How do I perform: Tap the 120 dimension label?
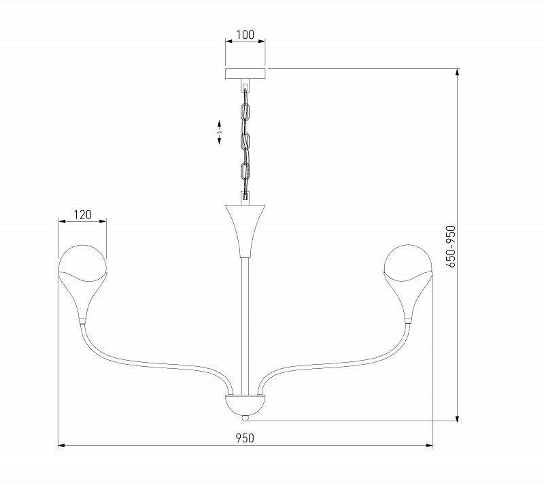[x=82, y=214]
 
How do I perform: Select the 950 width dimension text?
[x=245, y=438]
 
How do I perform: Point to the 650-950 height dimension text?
[x=449, y=247]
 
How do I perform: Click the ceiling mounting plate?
[x=245, y=73]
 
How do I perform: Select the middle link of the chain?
[x=245, y=141]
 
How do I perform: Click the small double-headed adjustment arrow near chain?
[x=220, y=131]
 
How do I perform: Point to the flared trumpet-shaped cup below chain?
[x=245, y=228]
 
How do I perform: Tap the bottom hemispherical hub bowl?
[x=245, y=404]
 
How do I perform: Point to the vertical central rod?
[x=245, y=320]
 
